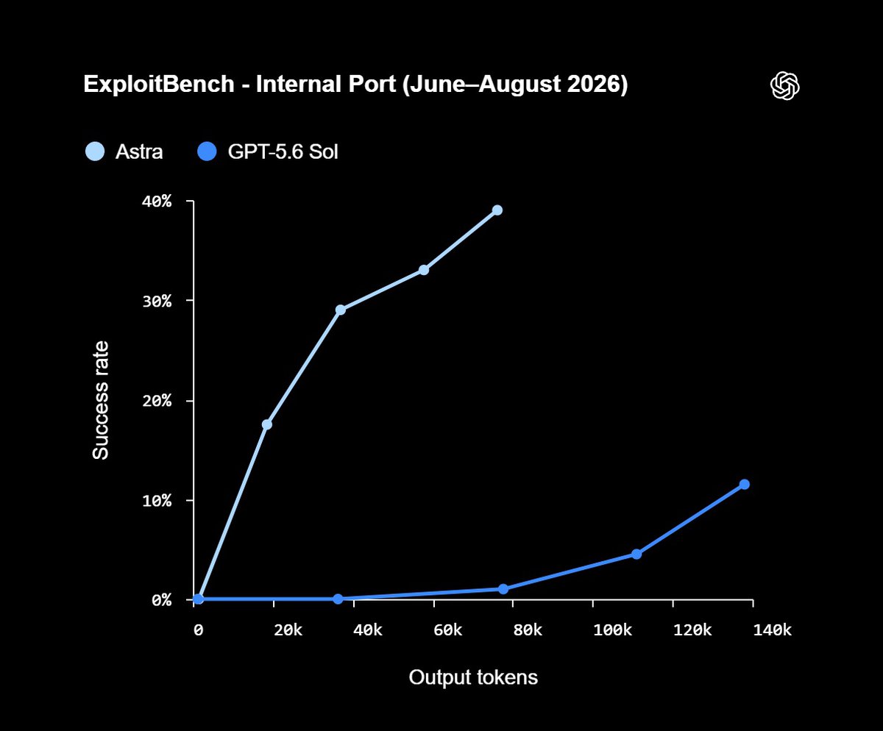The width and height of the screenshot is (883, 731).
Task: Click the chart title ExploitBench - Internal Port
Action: coord(240,84)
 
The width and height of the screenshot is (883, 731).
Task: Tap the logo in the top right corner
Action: coord(785,85)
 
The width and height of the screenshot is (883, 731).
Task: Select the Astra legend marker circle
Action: coord(95,151)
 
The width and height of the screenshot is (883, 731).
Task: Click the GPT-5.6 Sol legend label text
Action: coord(283,151)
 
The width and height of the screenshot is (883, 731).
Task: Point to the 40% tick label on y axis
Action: coord(157,202)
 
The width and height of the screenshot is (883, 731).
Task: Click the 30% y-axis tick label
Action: coord(157,302)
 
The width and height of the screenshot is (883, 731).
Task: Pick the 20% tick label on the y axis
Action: coord(157,400)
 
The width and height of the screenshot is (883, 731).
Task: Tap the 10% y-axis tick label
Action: coord(157,501)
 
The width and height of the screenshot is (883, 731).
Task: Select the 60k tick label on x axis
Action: coord(448,630)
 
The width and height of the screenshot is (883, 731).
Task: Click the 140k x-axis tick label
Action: coord(772,630)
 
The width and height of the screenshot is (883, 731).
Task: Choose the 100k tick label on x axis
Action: coord(612,630)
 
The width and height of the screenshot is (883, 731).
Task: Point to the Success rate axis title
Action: coord(101,400)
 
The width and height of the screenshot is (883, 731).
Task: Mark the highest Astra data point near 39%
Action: coord(497,210)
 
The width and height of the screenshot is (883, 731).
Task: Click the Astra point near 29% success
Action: coord(341,310)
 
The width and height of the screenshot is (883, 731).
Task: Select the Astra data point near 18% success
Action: coord(267,424)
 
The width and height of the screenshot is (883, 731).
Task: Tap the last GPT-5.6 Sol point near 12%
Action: coord(744,484)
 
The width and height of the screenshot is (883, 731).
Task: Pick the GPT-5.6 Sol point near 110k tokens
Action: coord(636,554)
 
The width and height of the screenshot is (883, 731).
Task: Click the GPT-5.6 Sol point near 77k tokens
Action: coord(503,589)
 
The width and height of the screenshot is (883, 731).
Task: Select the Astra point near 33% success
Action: coord(424,270)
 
